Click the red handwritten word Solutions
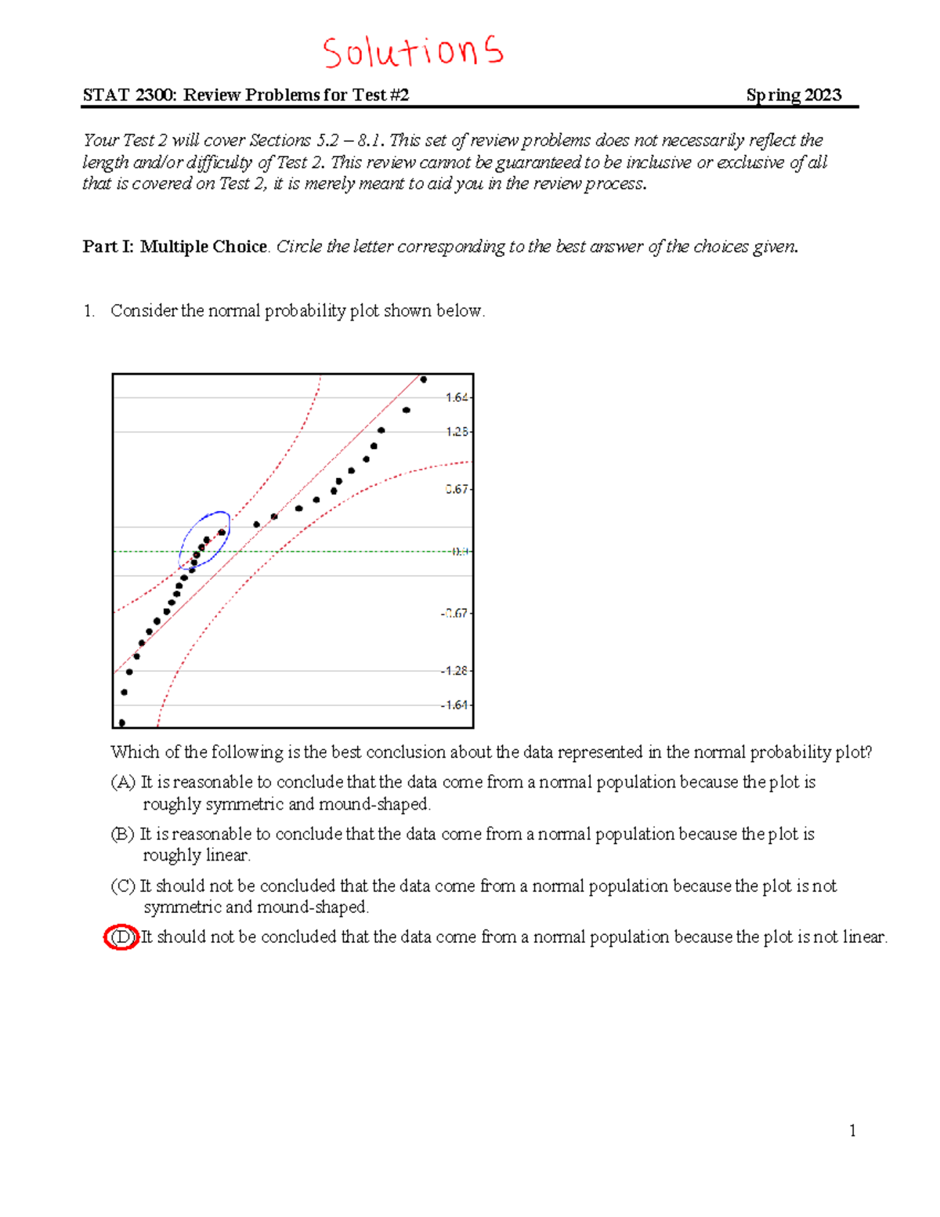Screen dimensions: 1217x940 (x=413, y=52)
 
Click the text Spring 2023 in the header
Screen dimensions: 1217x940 (x=794, y=95)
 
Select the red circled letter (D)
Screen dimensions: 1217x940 (x=121, y=937)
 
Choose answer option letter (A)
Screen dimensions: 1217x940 (x=123, y=782)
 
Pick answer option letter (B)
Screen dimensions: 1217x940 (x=123, y=834)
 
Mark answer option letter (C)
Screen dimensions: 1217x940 (x=123, y=886)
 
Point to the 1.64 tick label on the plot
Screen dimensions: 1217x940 (x=456, y=397)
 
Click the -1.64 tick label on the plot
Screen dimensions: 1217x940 (x=454, y=705)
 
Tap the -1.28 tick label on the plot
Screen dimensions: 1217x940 (x=454, y=671)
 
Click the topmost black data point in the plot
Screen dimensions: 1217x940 (x=424, y=379)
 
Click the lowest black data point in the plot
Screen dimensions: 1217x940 (x=121, y=723)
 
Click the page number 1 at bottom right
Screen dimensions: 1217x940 (x=852, y=1131)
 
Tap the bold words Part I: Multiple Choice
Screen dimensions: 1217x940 (x=175, y=247)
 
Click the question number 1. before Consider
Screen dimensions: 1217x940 (x=89, y=311)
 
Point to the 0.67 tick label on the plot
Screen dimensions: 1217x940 (x=456, y=489)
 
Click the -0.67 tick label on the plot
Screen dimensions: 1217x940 (x=454, y=614)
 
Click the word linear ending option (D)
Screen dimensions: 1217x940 (x=864, y=937)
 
